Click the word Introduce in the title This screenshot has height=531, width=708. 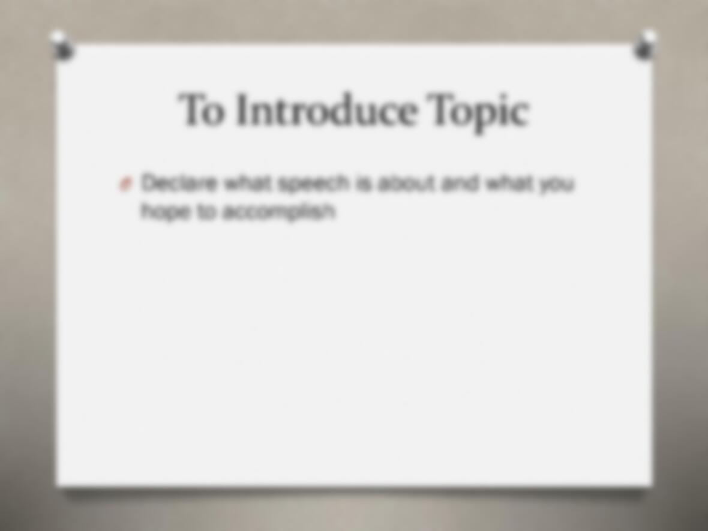pyautogui.click(x=325, y=110)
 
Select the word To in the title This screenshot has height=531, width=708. pyautogui.click(x=202, y=110)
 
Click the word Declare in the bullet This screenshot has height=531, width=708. pyautogui.click(x=179, y=184)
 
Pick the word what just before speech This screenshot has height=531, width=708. pyautogui.click(x=248, y=184)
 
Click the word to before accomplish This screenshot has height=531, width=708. pyautogui.click(x=205, y=211)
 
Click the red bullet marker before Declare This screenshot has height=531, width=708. pyautogui.click(x=125, y=184)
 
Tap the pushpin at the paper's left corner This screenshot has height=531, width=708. pyautogui.click(x=62, y=46)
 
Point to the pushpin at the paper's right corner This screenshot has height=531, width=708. pyautogui.click(x=645, y=45)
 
